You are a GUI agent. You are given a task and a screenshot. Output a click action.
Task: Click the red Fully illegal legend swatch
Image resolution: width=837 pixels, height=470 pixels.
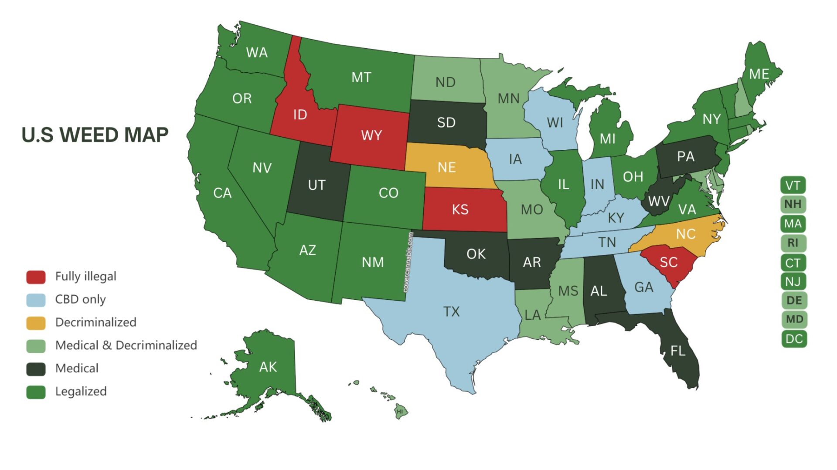point(36,277)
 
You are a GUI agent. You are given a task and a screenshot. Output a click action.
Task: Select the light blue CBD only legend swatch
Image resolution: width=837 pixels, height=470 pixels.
point(36,300)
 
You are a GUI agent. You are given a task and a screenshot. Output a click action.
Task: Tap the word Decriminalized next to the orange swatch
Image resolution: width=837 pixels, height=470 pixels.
point(95,322)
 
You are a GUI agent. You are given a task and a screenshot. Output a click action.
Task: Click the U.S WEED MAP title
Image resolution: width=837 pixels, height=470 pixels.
point(95,135)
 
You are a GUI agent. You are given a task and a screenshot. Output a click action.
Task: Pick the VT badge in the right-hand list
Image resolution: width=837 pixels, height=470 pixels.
point(793,186)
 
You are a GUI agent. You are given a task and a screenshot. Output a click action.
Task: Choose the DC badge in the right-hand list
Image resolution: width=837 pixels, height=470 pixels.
point(793,339)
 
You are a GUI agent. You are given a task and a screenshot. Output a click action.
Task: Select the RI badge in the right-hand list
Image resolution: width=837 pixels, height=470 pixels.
point(793,243)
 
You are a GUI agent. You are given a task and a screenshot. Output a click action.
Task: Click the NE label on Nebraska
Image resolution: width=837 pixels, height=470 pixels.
point(446,167)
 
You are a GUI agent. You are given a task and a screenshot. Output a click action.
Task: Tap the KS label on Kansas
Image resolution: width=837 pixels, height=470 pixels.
point(460,210)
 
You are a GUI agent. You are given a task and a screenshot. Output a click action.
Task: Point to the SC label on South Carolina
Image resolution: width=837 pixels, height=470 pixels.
point(668,262)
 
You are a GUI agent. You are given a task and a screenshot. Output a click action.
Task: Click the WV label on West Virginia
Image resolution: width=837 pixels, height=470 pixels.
point(658,201)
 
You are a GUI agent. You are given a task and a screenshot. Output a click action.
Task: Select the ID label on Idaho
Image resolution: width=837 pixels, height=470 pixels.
point(300,115)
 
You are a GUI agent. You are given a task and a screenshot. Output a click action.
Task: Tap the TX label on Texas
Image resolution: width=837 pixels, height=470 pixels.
point(451,311)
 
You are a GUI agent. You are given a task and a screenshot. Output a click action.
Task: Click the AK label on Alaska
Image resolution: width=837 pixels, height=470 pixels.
point(268,367)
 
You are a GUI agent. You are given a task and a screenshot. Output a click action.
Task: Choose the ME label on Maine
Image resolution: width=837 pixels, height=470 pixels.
point(759,74)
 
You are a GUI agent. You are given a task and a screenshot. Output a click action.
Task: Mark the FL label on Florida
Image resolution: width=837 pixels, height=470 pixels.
point(678,351)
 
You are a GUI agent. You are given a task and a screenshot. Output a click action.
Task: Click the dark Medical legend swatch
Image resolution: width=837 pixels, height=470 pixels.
point(36,369)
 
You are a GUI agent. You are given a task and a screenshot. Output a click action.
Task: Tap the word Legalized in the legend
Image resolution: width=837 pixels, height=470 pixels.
point(81,392)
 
